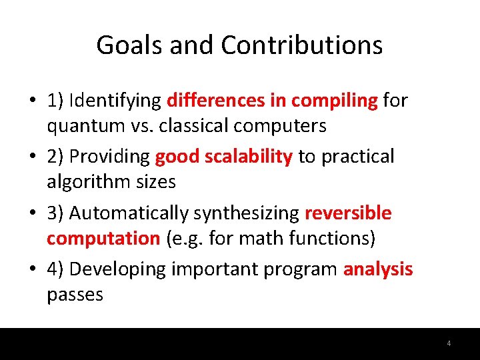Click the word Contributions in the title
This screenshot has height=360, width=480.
click(301, 45)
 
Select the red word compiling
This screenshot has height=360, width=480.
click(335, 101)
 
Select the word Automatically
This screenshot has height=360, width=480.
click(129, 213)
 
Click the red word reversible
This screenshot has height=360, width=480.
click(348, 213)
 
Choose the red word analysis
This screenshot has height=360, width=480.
click(378, 269)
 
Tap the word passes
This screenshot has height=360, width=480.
click(75, 294)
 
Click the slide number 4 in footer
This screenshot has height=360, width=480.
click(449, 344)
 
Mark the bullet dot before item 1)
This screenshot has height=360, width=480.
click(32, 101)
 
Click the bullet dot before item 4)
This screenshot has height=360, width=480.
click(32, 270)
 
